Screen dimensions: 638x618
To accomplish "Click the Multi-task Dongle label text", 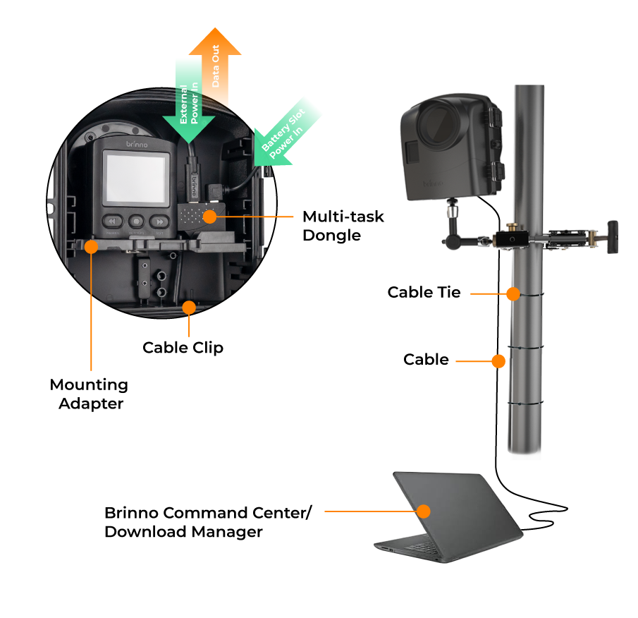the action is click(343, 226).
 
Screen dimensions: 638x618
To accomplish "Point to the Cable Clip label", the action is click(183, 348).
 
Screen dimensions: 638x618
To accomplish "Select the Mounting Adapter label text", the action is click(89, 394).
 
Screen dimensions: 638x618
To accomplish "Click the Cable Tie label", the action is click(424, 292).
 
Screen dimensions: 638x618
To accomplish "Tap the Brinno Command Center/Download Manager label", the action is click(208, 522).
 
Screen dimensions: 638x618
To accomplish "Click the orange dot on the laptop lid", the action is click(424, 511).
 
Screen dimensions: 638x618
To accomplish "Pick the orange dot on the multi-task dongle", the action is click(210, 217).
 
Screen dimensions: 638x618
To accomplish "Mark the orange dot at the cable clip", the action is click(189, 308).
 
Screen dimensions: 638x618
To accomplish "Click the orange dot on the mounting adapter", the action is click(91, 247).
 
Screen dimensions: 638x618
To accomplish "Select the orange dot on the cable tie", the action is click(513, 293).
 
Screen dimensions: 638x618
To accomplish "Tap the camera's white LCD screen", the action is click(136, 178).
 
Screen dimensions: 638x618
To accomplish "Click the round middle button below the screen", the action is click(136, 222).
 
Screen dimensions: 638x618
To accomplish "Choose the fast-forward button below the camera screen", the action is click(159, 222).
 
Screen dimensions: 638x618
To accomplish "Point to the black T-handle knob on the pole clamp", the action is click(613, 237).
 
